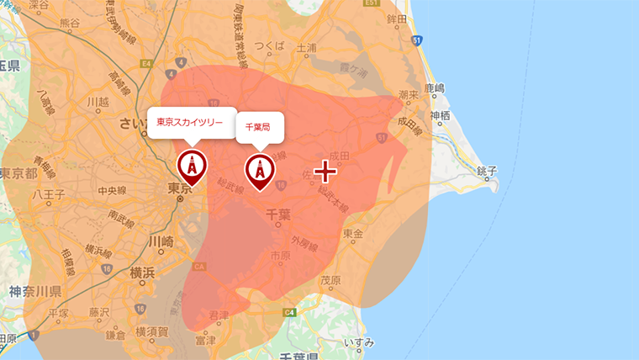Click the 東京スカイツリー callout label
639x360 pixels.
coord(190,122)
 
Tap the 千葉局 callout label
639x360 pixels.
coord(259,126)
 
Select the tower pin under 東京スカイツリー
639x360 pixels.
coord(191,166)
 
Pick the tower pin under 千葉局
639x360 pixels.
coord(260,170)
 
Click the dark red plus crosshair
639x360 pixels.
coord(325,172)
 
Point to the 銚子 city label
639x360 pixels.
coord(486,171)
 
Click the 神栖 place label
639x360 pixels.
coord(440,115)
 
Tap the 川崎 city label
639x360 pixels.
coord(161,241)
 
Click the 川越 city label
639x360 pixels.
coord(99,102)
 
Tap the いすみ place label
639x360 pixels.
coord(359,341)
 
